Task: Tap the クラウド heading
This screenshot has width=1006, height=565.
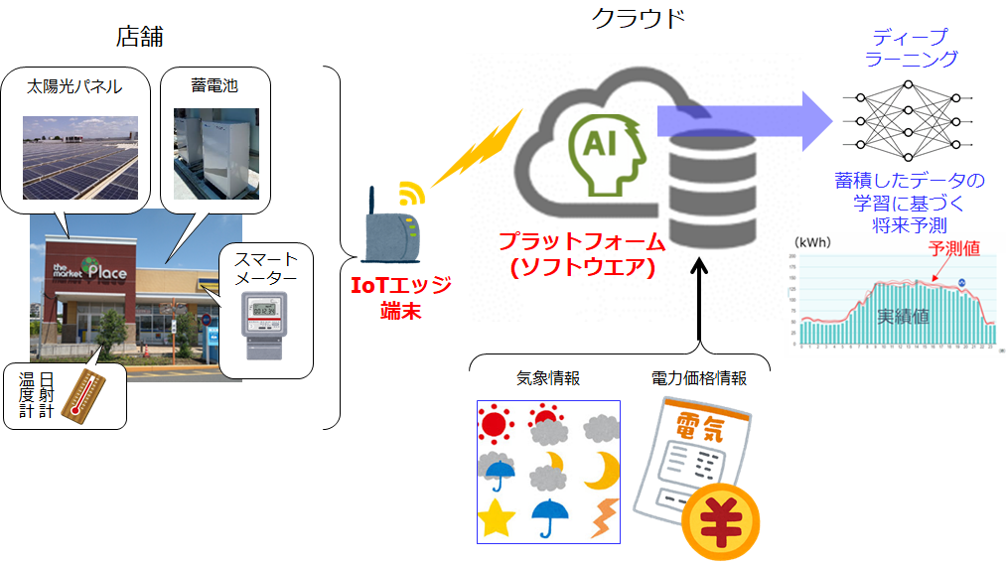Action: pyautogui.click(x=639, y=18)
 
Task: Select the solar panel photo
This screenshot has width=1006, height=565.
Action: pyautogui.click(x=79, y=157)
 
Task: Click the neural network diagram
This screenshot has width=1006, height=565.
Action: pyautogui.click(x=907, y=120)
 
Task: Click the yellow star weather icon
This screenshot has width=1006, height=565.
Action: pyautogui.click(x=497, y=518)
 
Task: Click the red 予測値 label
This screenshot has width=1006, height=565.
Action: pyautogui.click(x=953, y=249)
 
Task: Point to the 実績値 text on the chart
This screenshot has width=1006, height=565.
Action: pyautogui.click(x=903, y=317)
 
